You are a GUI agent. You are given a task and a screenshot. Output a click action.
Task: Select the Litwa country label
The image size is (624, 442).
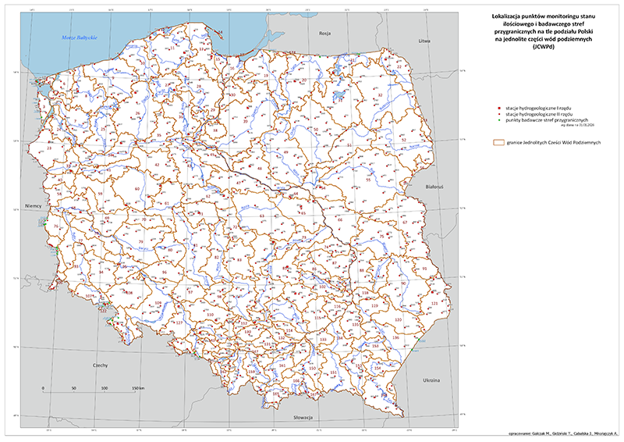[424, 40]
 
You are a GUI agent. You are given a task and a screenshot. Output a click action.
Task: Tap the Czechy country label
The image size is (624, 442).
[100, 365]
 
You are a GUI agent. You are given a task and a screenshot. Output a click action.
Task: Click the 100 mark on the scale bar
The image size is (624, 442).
[105, 388]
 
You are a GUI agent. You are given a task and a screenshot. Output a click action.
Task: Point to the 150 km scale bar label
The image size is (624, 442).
[136, 388]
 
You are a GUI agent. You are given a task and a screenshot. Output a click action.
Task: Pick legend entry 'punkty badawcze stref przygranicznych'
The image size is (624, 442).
[544, 118]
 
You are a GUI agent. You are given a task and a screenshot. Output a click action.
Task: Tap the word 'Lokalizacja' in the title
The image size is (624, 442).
[501, 15]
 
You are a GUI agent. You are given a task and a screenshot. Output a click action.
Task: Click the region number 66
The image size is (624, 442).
[340, 219]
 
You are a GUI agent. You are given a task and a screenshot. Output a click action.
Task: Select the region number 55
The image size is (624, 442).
[368, 180]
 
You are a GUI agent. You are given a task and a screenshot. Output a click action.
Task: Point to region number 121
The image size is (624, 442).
[434, 303]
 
